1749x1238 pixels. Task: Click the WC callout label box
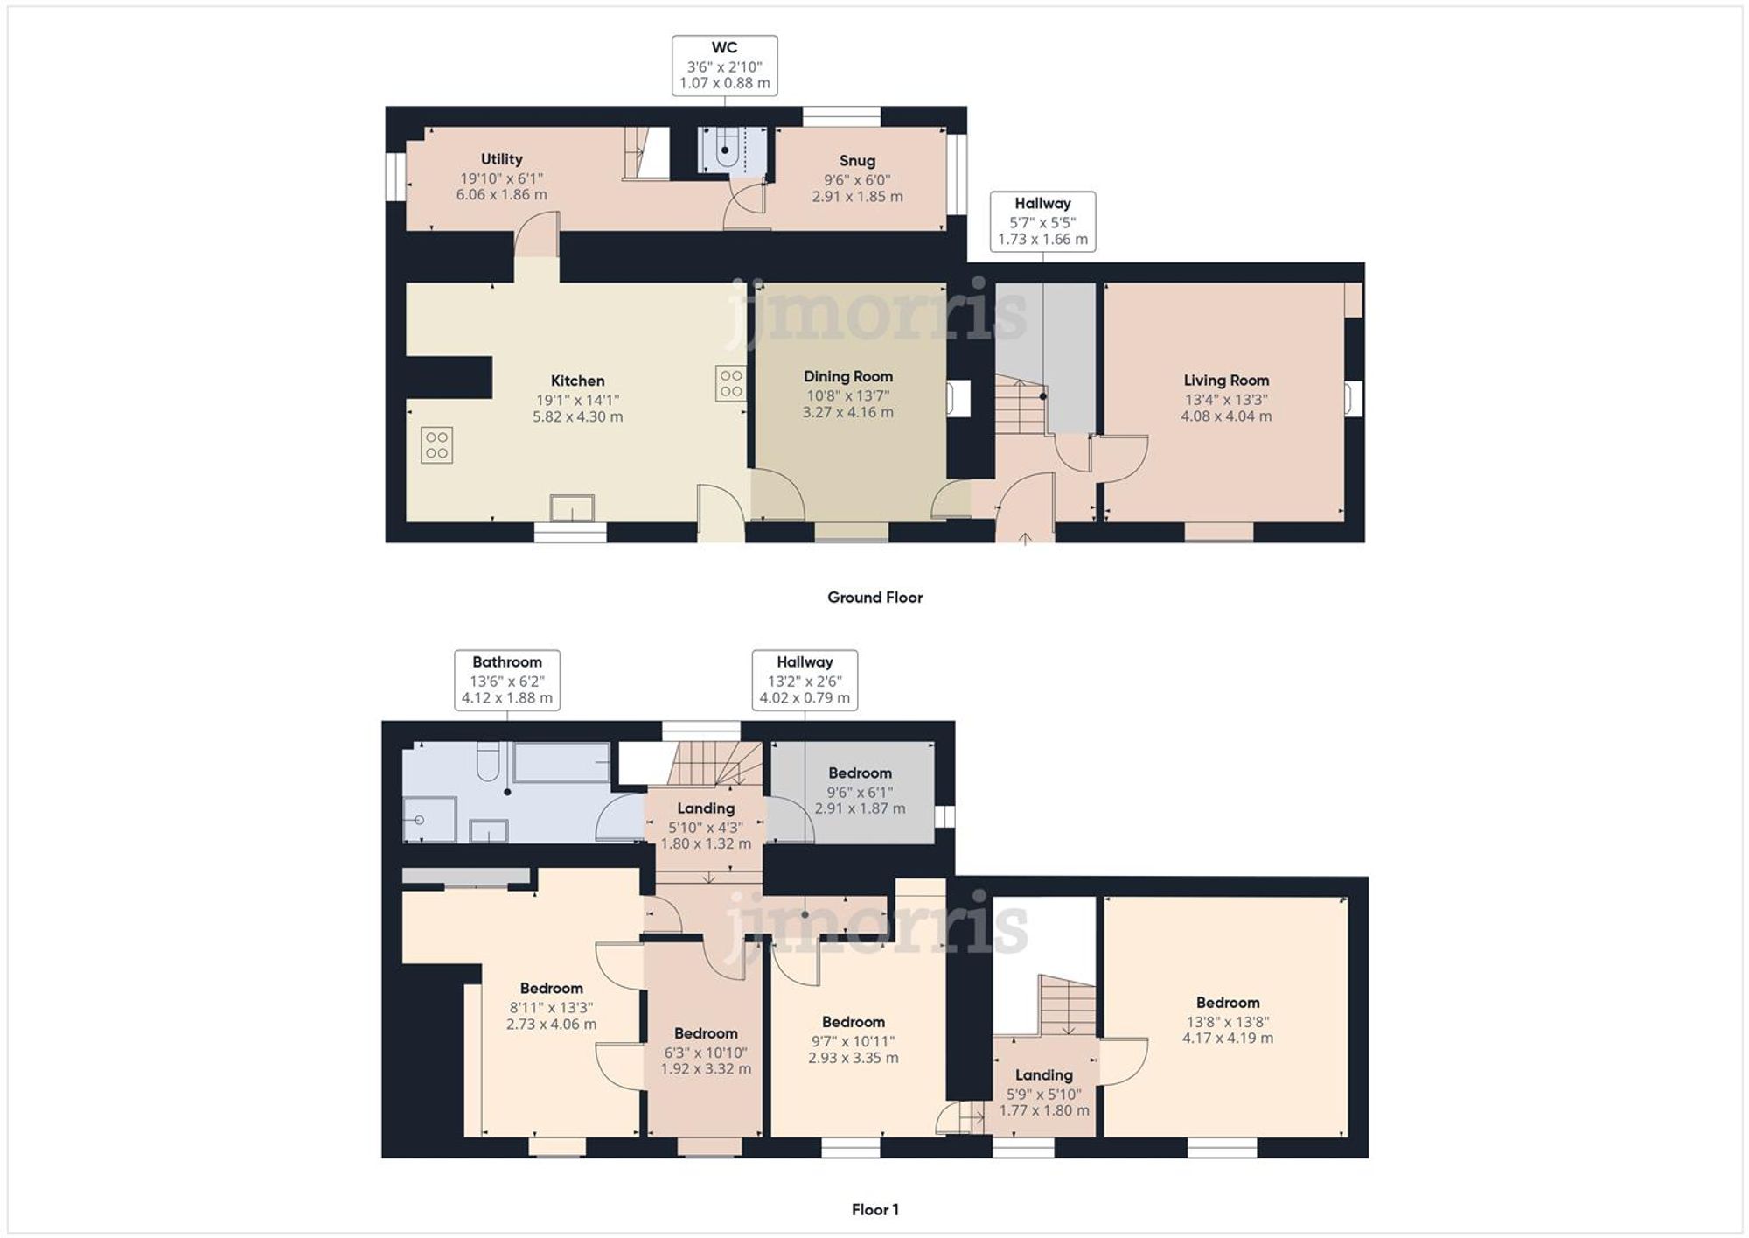pyautogui.click(x=724, y=66)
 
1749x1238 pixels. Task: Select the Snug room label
pyautogui.click(x=857, y=161)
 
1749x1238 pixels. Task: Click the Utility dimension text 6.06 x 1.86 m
pyautogui.click(x=501, y=194)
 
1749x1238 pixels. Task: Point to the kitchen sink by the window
pyautogui.click(x=572, y=508)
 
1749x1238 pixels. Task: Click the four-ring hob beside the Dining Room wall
pyautogui.click(x=731, y=383)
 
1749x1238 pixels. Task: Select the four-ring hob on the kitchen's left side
pyautogui.click(x=436, y=444)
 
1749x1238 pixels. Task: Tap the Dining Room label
pyautogui.click(x=848, y=376)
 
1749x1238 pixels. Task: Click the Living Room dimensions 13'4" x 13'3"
pyautogui.click(x=1226, y=399)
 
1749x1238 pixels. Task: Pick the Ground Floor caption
pyautogui.click(x=874, y=598)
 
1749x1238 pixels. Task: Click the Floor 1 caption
pyautogui.click(x=874, y=1210)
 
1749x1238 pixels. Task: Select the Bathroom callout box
pyautogui.click(x=507, y=680)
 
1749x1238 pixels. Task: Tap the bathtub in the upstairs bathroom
pyautogui.click(x=561, y=762)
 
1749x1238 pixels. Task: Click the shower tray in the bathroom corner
pyautogui.click(x=429, y=820)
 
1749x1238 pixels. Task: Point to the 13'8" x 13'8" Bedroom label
pyautogui.click(x=1228, y=1004)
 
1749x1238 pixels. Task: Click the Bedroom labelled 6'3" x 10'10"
pyautogui.click(x=706, y=1034)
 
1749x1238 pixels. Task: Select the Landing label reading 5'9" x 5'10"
pyautogui.click(x=1043, y=1075)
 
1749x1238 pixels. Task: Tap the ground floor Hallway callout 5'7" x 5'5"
pyautogui.click(x=1042, y=221)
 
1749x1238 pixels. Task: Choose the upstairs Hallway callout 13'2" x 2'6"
pyautogui.click(x=805, y=680)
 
